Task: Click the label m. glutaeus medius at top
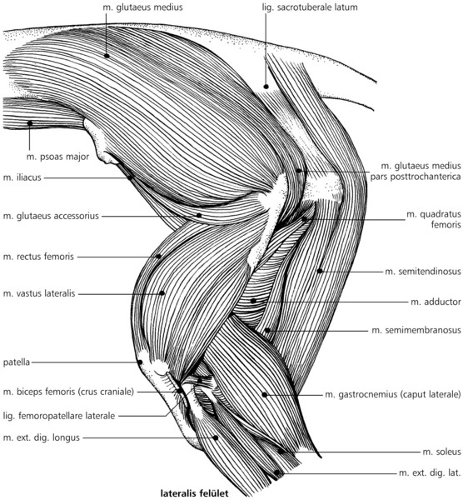142,7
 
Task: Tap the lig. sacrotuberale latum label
310,7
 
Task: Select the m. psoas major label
57,157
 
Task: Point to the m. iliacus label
22,177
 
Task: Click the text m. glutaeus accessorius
51,216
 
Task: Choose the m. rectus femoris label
38,257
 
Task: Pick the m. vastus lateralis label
39,293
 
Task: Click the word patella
17,362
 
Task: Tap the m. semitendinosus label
423,272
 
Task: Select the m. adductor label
436,302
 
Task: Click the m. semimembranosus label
416,330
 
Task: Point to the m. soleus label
441,452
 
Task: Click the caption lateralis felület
194,493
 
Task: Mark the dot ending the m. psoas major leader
30,123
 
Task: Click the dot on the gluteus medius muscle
107,56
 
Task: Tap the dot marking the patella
140,362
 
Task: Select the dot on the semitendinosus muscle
320,271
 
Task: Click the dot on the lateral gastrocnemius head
265,395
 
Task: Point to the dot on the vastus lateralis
162,293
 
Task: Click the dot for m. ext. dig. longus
216,437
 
